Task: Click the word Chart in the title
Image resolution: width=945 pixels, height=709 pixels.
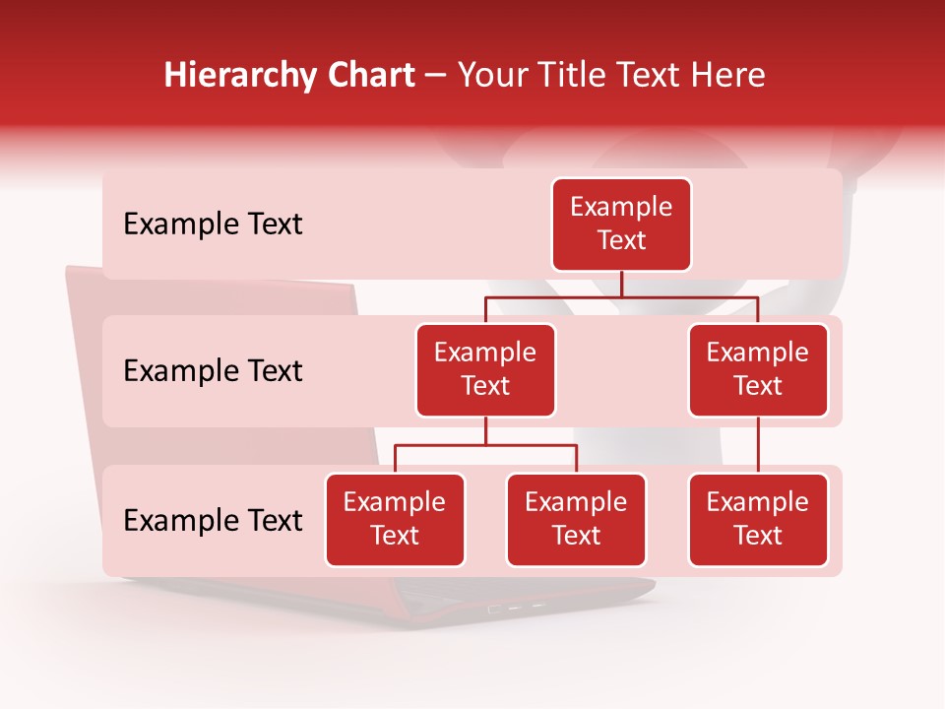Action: point(370,75)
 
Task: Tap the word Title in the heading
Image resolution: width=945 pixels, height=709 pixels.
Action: point(557,75)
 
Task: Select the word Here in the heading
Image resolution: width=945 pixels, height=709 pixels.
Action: point(727,75)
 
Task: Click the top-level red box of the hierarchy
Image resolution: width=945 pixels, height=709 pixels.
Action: point(621,225)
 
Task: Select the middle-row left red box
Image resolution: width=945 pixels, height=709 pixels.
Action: point(485,370)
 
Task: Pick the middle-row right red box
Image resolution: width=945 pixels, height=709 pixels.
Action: point(758,370)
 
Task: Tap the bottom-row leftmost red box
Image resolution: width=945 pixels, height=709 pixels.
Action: point(395,520)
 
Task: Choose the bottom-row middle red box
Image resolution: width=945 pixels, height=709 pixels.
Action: point(576,520)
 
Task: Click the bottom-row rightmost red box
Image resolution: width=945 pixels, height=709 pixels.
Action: point(758,520)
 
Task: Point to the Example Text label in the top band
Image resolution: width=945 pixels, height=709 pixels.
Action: point(213,225)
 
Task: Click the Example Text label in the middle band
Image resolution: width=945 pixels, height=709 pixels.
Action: point(213,371)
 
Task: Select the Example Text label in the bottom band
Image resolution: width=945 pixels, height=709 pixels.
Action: point(213,520)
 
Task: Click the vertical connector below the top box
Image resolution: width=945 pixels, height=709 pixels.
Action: point(621,284)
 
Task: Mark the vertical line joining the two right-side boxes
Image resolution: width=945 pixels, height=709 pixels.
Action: point(758,445)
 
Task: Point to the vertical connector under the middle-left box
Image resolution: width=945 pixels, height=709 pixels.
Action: point(485,431)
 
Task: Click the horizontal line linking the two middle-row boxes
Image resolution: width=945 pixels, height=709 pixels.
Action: point(689,295)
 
